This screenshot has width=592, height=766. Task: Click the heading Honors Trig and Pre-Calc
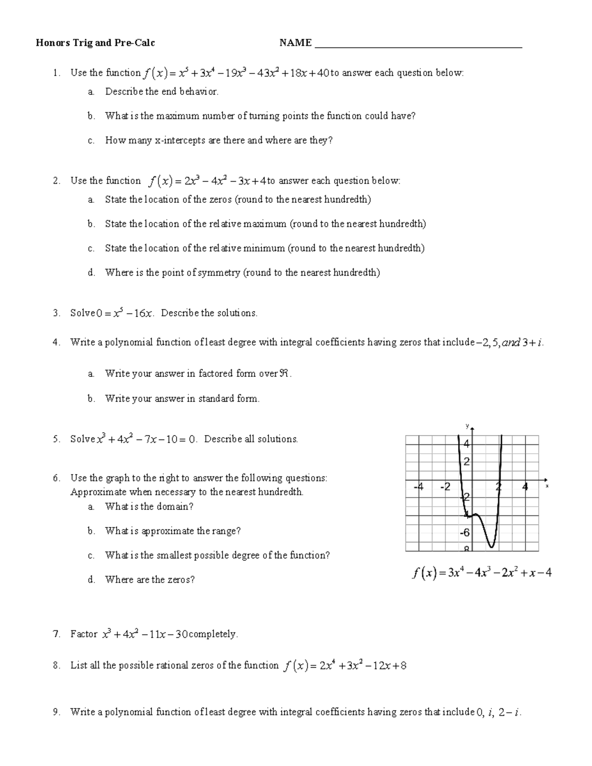pos(95,43)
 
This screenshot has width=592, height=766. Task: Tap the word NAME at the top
pos(296,43)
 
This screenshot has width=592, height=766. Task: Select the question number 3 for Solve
pos(56,313)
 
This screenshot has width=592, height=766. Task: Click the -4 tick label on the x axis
pos(418,487)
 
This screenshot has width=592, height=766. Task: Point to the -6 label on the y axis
pos(465,533)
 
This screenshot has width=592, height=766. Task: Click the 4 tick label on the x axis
pos(525,487)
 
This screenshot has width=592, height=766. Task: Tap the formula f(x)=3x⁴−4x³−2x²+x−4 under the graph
pos(481,573)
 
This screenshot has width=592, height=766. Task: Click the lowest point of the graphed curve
pos(491,547)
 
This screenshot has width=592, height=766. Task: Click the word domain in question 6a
pos(175,507)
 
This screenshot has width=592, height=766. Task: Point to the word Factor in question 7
pos(84,634)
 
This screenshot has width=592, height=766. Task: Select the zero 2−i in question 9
pos(509,712)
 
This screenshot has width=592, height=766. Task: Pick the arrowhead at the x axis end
pos(545,479)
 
